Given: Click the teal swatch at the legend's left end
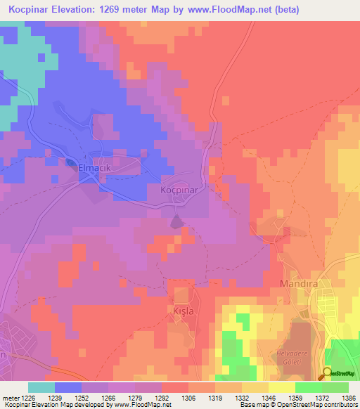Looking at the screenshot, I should [x=41, y=387].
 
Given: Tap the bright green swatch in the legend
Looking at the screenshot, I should [x=309, y=387].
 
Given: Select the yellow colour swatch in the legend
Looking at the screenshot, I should [x=282, y=387].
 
